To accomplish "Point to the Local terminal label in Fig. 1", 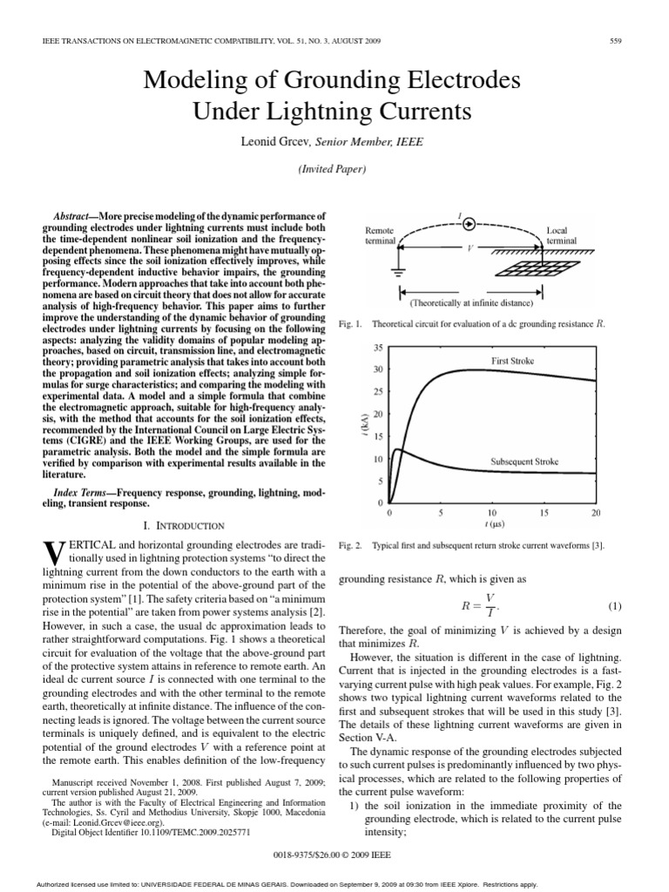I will tap(557, 235).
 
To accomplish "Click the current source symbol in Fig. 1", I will tap(468, 223).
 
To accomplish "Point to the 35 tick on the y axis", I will tap(377, 348).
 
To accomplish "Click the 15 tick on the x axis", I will tap(544, 514).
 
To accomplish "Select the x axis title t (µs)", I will tap(492, 526).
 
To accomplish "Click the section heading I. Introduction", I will tap(185, 525).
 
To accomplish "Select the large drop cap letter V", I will tap(51, 552).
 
